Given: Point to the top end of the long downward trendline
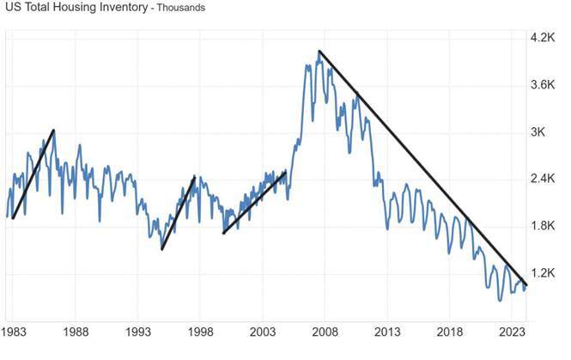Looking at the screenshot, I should tap(319, 52).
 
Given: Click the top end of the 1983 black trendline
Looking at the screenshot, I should tap(54, 130).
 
